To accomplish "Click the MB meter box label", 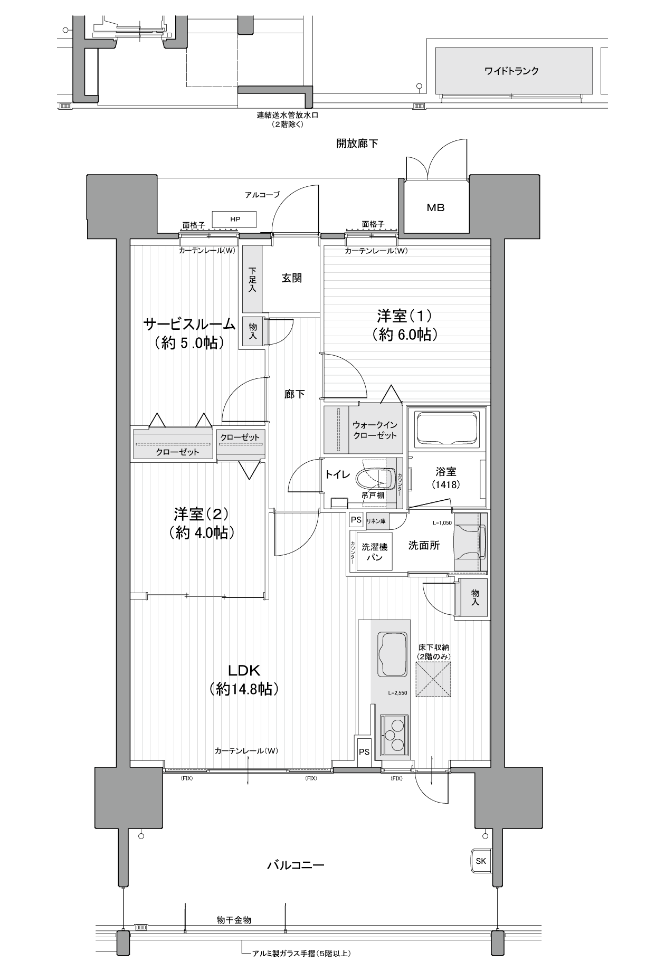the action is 435,207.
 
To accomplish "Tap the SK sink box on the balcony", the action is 481,861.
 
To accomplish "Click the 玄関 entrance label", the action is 291,278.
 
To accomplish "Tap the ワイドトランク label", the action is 511,71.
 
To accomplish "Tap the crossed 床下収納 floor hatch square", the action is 433,680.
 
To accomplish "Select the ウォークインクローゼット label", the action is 375,430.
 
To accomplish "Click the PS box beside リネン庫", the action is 356,520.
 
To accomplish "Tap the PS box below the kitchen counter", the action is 364,751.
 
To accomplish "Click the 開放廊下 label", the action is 357,143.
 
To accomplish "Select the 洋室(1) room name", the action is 404,316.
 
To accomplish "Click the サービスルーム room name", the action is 189,323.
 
